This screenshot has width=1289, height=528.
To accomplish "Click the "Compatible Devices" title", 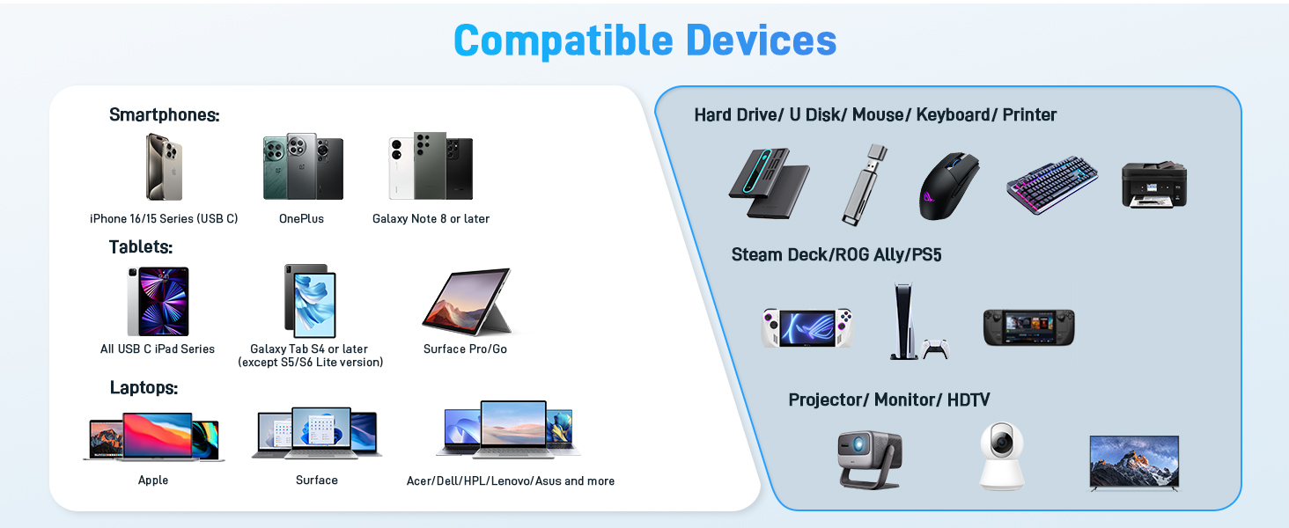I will point(644,40).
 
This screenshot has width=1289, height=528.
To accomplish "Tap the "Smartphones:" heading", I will point(164,115).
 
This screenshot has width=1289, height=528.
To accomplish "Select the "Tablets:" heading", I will point(141,246).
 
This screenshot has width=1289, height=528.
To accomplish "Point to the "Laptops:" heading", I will point(144,387).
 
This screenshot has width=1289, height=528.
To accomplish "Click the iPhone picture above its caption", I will point(164,166).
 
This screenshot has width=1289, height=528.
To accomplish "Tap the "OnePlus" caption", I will point(301,218).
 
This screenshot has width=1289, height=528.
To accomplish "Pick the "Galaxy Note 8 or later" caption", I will point(431,218).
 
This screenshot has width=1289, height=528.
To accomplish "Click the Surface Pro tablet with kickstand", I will point(467,302).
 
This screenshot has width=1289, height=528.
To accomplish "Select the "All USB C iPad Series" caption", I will point(158,349).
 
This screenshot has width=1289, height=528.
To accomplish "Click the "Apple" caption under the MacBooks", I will point(153,480).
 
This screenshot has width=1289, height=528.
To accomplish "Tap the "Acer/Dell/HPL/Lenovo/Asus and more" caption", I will point(511,481).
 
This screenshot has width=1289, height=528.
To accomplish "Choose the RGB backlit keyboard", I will point(1052,184).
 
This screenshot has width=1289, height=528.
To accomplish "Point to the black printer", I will point(1154,184).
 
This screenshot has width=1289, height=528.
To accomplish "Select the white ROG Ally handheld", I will point(807,327).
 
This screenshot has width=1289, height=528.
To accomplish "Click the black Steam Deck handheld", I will point(1028,327).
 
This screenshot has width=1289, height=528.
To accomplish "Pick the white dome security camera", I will point(1002,455).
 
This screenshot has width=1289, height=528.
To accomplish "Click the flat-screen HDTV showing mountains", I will point(1134,460).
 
